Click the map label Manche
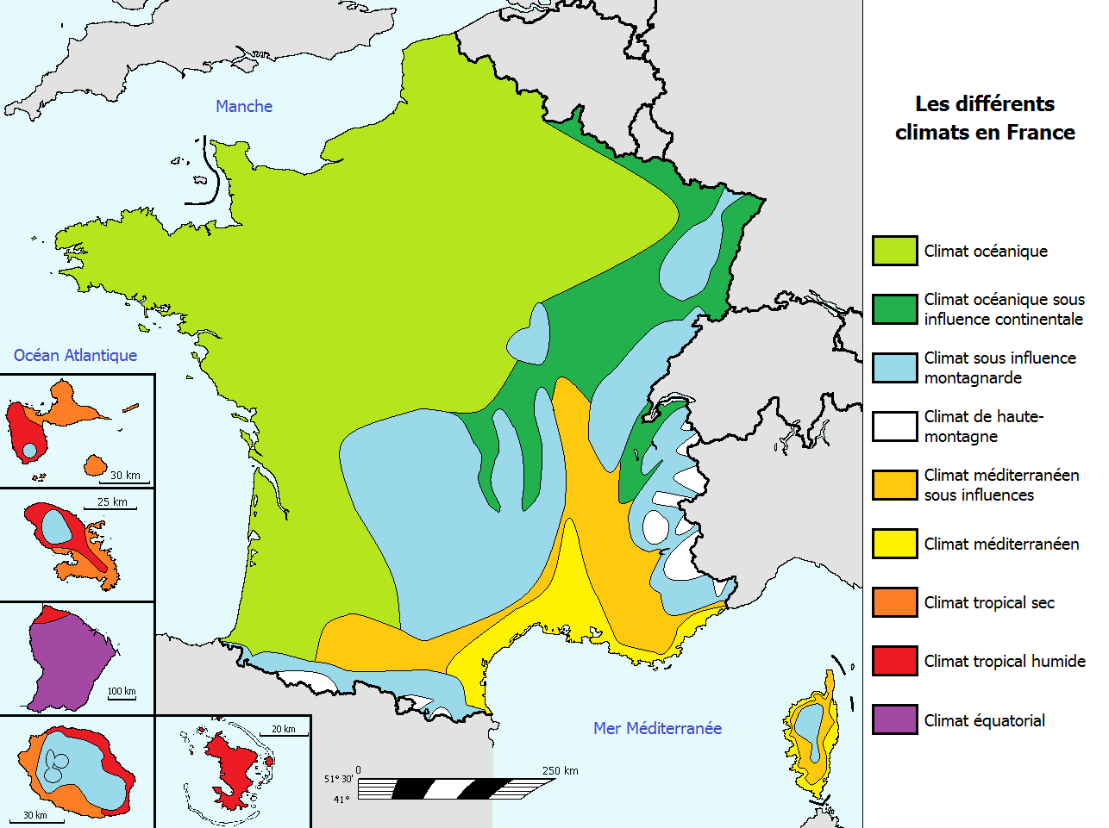click(x=244, y=106)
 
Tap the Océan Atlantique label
click(x=75, y=355)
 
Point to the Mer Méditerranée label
click(x=657, y=728)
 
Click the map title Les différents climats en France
click(x=985, y=118)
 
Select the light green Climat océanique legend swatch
click(x=894, y=251)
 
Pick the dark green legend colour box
click(x=894, y=309)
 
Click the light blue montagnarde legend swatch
click(x=894, y=368)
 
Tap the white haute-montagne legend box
click(x=894, y=426)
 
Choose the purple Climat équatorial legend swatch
click(x=894, y=719)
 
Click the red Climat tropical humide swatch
click(x=894, y=661)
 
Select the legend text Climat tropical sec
click(x=989, y=602)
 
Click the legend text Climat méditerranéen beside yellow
click(x=1001, y=544)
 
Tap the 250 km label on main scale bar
click(x=560, y=770)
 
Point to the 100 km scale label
click(x=122, y=691)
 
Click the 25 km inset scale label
click(x=112, y=501)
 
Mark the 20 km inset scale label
click(x=283, y=729)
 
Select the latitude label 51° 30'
click(x=338, y=779)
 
